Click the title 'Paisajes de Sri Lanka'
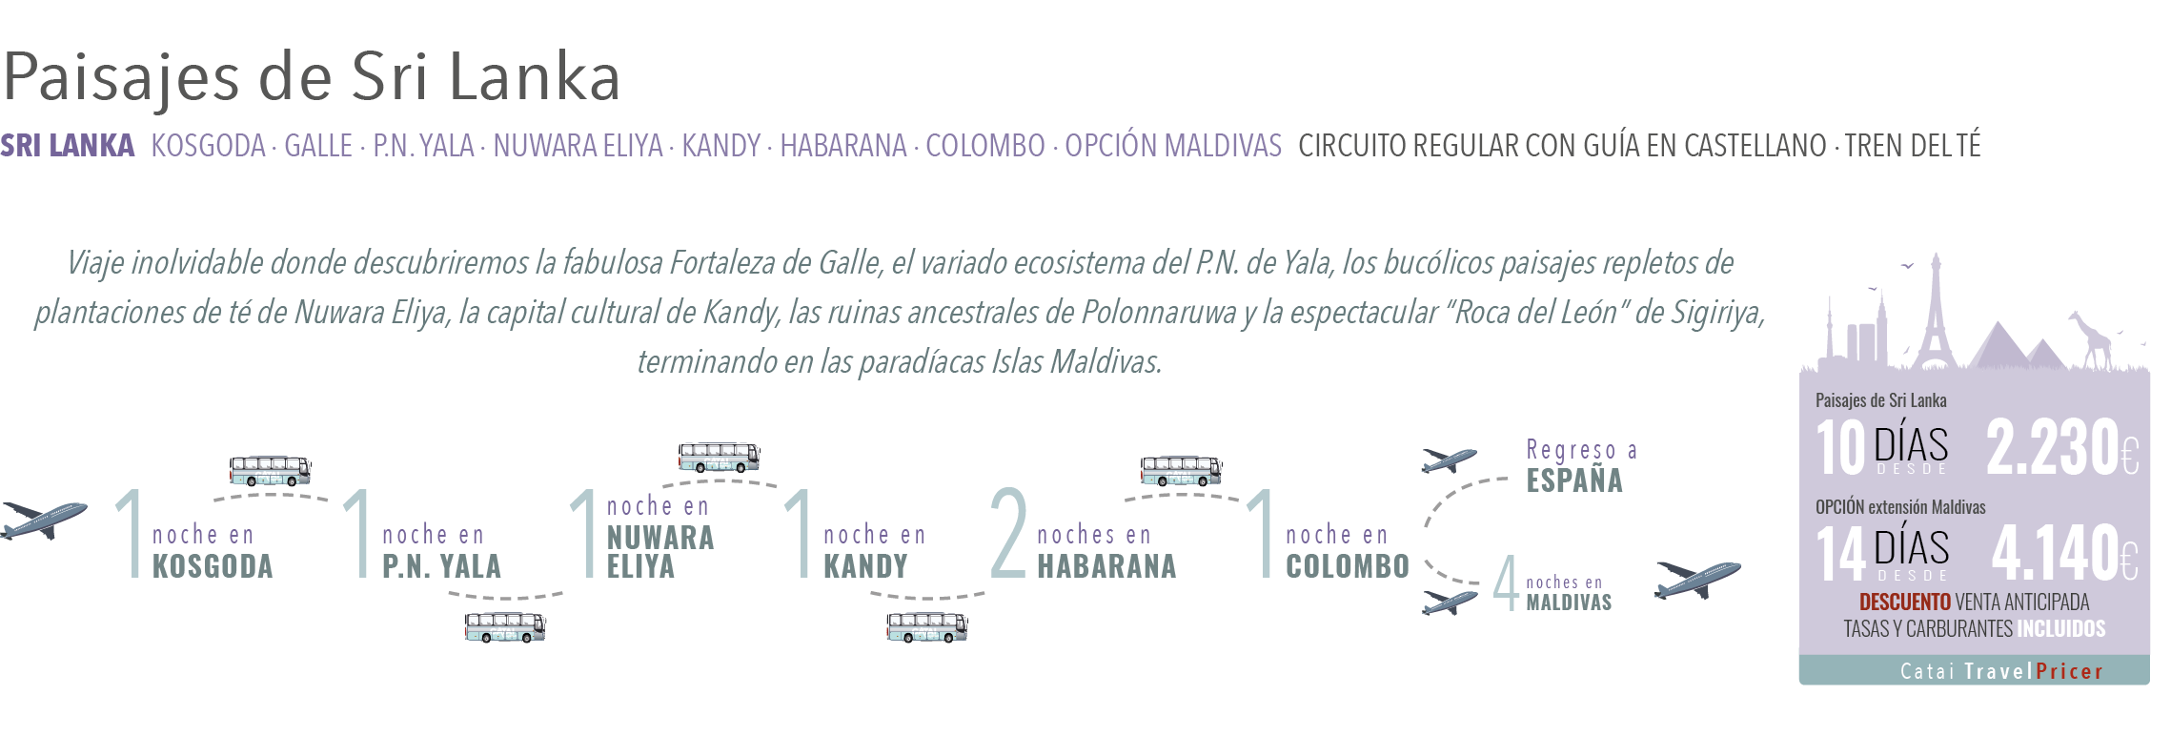tap(312, 76)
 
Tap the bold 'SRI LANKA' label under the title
tap(68, 146)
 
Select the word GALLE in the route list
tap(317, 146)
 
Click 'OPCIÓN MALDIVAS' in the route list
tap(1172, 146)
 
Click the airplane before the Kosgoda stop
tap(44, 519)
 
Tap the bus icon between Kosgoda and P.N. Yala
tap(270, 470)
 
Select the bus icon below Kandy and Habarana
tap(926, 627)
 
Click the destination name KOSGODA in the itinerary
tap(213, 566)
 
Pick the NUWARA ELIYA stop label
tap(659, 551)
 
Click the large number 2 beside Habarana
tap(1008, 534)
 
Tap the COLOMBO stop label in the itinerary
tap(1347, 566)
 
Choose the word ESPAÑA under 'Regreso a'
tap(1573, 480)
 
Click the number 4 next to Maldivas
tap(1506, 582)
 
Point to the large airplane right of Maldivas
tap(1697, 579)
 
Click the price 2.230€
tap(2062, 447)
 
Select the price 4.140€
tap(2064, 553)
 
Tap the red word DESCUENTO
tap(1904, 603)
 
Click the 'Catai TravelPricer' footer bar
tap(1974, 671)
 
